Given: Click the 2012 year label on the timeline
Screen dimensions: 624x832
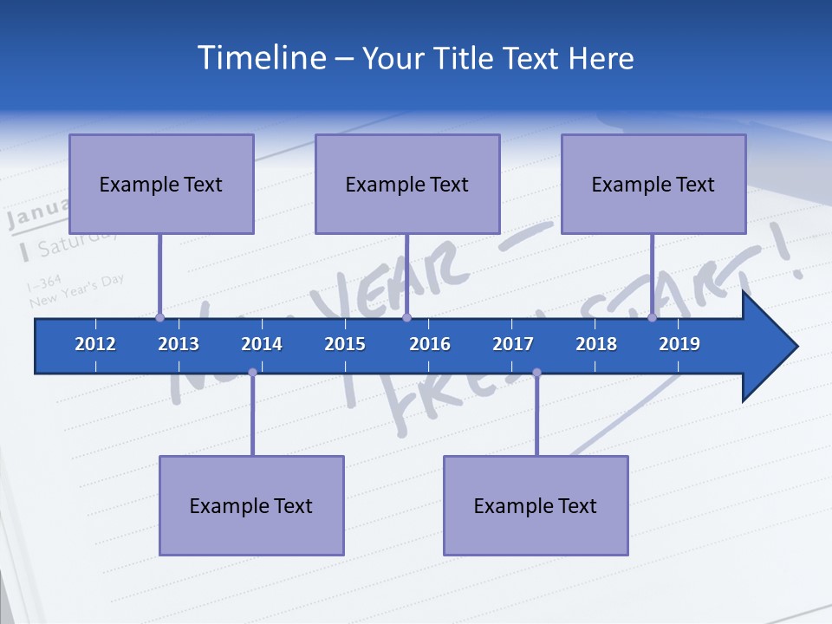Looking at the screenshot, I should coord(95,344).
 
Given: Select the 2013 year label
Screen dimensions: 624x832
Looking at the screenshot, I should coord(179,344).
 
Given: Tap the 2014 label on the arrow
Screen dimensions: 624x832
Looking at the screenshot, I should coord(262,344).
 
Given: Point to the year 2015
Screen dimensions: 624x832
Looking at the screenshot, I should coord(345,344).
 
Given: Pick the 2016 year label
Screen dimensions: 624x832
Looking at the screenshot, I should coord(430,344).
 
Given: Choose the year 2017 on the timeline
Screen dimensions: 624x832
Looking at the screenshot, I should coord(513,344).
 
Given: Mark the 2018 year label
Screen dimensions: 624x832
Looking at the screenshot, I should coord(596,344).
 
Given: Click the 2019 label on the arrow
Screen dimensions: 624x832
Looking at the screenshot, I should coord(679,344).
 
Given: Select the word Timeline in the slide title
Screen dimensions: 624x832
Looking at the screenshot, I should coord(260,58).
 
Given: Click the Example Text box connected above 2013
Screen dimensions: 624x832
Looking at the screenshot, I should coord(161,184).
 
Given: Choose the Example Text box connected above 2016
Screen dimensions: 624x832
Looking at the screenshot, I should coord(407,184).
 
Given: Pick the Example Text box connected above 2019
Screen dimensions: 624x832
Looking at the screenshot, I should coord(653,184).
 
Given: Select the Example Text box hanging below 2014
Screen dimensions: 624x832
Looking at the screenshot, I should coord(251,505).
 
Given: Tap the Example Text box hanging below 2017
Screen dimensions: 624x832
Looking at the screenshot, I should coord(536,505).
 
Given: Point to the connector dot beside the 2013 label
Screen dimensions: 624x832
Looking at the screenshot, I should coord(159,317).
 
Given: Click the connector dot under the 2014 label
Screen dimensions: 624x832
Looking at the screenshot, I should coord(252,372).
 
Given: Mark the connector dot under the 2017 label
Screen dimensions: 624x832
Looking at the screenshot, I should coord(536,372).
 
